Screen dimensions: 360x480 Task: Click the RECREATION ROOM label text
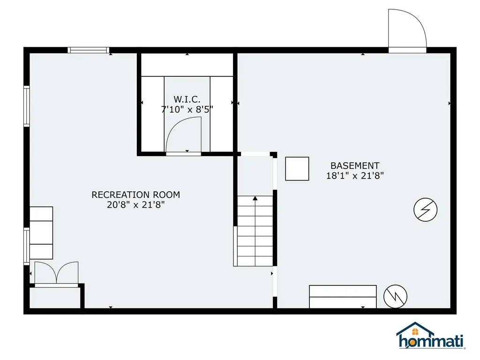pyautogui.click(x=135, y=195)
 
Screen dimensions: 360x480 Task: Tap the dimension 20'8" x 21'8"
pyautogui.click(x=135, y=205)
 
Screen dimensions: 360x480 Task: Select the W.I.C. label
pyautogui.click(x=187, y=99)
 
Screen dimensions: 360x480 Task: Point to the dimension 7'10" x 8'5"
pyautogui.click(x=187, y=110)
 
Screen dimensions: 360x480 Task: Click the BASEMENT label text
pyautogui.click(x=355, y=165)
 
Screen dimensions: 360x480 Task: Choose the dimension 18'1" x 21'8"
pyautogui.click(x=355, y=176)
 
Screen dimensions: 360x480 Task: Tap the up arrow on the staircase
pyautogui.click(x=255, y=199)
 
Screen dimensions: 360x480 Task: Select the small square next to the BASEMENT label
pyautogui.click(x=297, y=169)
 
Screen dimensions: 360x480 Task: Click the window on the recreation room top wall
pyautogui.click(x=88, y=50)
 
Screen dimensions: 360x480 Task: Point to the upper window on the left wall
pyautogui.click(x=27, y=106)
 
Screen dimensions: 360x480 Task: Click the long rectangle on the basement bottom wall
pyautogui.click(x=343, y=296)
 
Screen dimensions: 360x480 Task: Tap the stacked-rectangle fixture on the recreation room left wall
pyautogui.click(x=41, y=233)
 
